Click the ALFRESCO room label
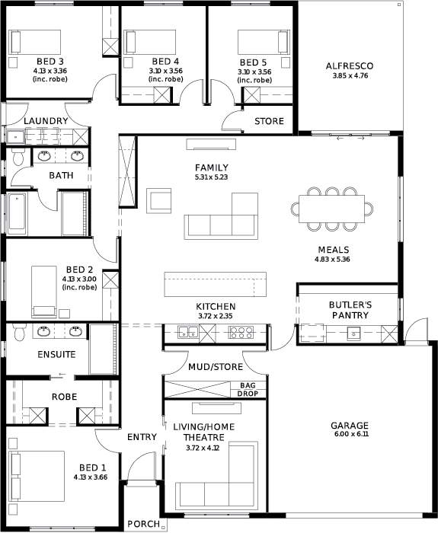tap(349, 65)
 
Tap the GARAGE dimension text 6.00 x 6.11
tap(350, 434)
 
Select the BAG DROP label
tap(248, 390)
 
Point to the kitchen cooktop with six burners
tap(241, 332)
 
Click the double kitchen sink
tap(188, 332)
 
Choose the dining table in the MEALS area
tap(331, 209)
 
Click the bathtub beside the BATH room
tap(17, 214)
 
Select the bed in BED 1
tap(37, 476)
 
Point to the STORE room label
tap(269, 121)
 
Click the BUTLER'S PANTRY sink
tap(353, 334)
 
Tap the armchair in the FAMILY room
tap(158, 201)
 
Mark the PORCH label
tap(143, 524)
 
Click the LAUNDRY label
tap(46, 120)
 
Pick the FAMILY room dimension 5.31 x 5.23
tap(212, 177)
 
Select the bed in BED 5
tap(264, 42)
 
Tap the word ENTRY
tap(142, 437)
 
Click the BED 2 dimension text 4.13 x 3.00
tap(79, 279)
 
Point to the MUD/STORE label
tap(216, 367)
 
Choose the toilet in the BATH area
tap(17, 157)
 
